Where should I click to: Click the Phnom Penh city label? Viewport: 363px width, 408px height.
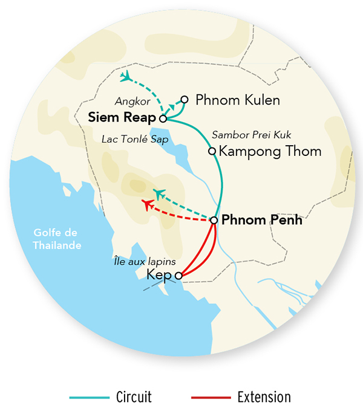tap(262, 220)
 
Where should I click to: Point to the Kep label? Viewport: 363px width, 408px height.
tap(160, 276)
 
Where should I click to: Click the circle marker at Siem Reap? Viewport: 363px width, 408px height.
tap(163, 119)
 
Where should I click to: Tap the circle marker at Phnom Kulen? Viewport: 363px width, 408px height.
tap(185, 99)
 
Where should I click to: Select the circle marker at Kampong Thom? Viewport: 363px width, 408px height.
tap(212, 151)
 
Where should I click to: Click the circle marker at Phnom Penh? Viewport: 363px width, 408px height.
tap(214, 220)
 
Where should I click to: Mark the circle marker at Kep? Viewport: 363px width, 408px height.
tap(178, 276)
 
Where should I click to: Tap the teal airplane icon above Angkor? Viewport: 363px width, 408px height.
tap(126, 77)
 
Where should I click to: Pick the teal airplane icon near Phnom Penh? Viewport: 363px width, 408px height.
tap(160, 193)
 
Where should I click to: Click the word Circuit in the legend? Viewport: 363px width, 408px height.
tap(133, 397)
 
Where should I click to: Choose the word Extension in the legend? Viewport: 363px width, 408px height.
tap(264, 397)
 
